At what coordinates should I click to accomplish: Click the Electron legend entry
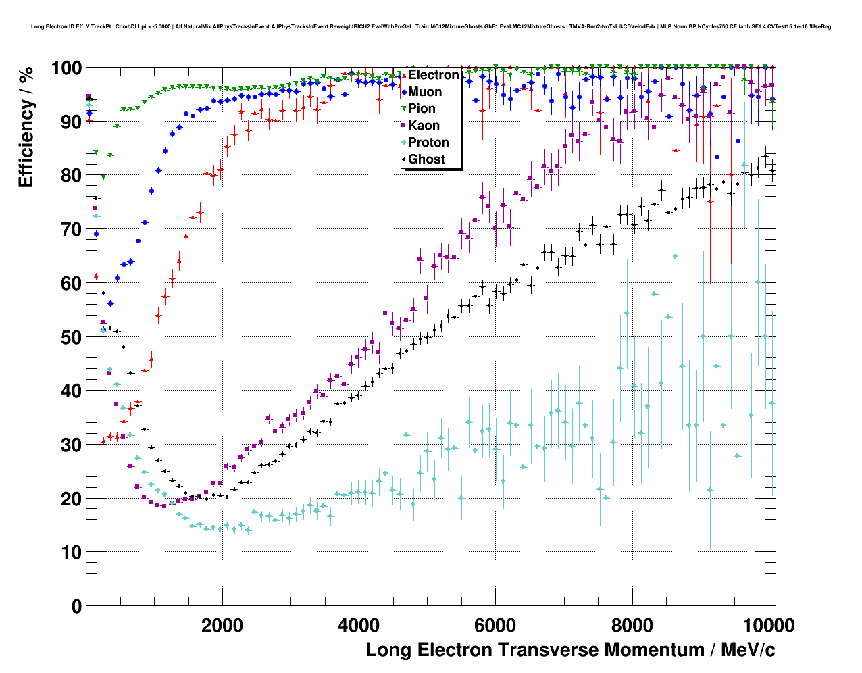433,75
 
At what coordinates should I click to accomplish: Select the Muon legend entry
425,92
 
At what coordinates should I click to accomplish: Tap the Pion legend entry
422,109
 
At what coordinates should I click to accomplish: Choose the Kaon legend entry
424,126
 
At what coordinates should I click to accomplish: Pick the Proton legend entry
428,143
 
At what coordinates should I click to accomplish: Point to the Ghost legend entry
426,159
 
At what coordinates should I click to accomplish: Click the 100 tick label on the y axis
66,69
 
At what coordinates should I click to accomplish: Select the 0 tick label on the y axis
76,606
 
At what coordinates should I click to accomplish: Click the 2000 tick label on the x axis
222,625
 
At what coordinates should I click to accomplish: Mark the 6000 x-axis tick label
495,625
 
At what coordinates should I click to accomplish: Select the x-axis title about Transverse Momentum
570,650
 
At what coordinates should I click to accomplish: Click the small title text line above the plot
431,27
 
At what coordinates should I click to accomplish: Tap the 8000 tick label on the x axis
632,625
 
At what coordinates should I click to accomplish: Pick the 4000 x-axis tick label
359,625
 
